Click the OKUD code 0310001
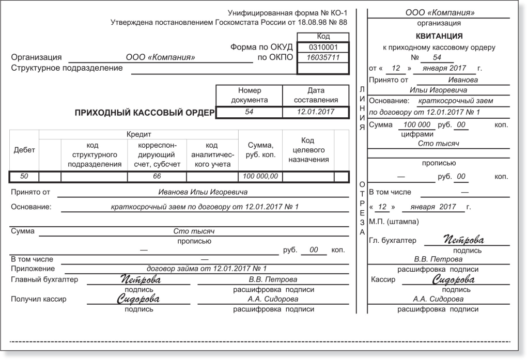point(323,47)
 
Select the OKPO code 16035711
point(323,57)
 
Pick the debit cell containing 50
point(24,177)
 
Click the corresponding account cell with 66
point(157,177)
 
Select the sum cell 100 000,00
point(260,177)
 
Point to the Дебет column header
point(24,150)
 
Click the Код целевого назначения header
point(308,150)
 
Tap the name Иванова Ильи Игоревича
point(203,192)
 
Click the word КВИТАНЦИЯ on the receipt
point(439,36)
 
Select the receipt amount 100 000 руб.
point(417,125)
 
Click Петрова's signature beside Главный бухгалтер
point(141,280)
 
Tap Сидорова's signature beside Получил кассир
point(138,299)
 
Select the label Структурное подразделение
point(67,68)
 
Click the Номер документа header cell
point(249,95)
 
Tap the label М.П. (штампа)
point(394,222)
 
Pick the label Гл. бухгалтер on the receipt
point(393,241)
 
